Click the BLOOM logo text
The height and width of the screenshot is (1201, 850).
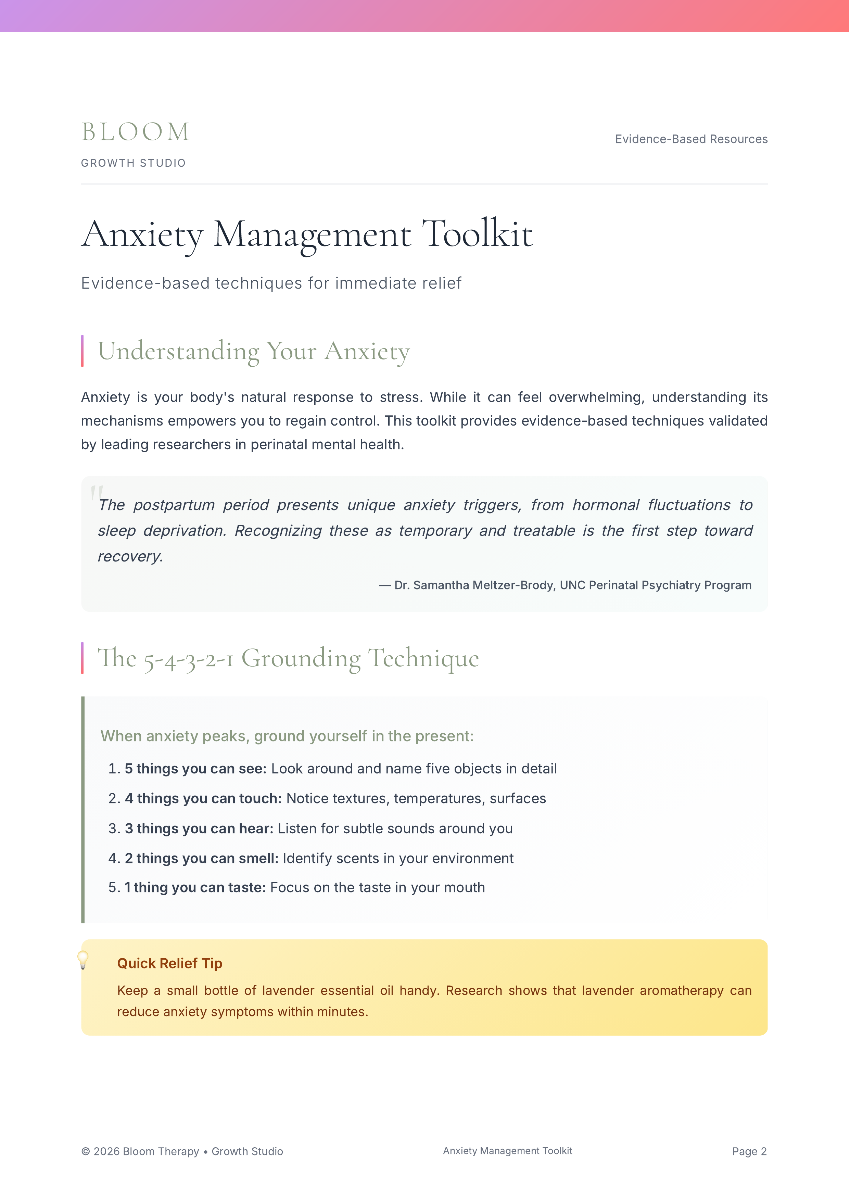135,132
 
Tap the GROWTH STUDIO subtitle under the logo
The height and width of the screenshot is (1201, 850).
133,163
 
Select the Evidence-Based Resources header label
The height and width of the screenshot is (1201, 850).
691,139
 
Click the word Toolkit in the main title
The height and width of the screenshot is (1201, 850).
477,234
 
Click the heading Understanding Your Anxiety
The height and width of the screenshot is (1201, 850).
253,351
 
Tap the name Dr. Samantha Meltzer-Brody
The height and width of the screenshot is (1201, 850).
474,585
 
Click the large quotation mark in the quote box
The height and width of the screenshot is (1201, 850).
96,492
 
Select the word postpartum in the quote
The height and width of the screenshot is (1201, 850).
174,505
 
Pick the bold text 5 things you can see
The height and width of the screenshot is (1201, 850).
195,769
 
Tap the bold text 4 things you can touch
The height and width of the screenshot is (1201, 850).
203,799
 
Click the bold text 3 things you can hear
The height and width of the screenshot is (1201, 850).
199,829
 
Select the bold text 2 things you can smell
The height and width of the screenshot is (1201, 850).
202,859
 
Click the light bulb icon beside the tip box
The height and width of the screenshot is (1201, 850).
83,960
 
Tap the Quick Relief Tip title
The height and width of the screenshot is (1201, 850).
169,963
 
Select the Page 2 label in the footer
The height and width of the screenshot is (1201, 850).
749,1151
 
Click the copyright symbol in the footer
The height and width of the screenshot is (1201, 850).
85,1152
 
